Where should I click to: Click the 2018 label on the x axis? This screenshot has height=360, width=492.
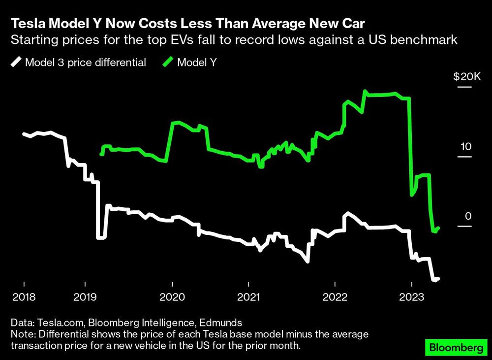(24, 297)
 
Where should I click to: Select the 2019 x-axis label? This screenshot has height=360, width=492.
(85, 297)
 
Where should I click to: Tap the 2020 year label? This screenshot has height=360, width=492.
(172, 297)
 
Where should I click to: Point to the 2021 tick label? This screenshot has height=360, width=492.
(249, 297)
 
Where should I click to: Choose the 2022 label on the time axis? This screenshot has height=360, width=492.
(335, 297)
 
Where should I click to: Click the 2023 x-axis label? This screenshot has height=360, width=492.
(412, 297)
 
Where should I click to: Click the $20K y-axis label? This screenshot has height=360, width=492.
(465, 77)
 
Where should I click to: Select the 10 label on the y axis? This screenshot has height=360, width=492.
(465, 147)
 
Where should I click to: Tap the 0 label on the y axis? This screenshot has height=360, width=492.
(468, 216)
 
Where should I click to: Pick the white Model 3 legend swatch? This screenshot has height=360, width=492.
(16, 62)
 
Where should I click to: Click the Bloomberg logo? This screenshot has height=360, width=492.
(454, 347)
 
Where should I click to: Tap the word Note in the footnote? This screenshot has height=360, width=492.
(21, 334)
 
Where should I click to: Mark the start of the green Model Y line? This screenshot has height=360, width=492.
(101, 154)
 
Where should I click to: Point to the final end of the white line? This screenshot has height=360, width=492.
(438, 279)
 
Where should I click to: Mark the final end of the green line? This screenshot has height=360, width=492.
(438, 228)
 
